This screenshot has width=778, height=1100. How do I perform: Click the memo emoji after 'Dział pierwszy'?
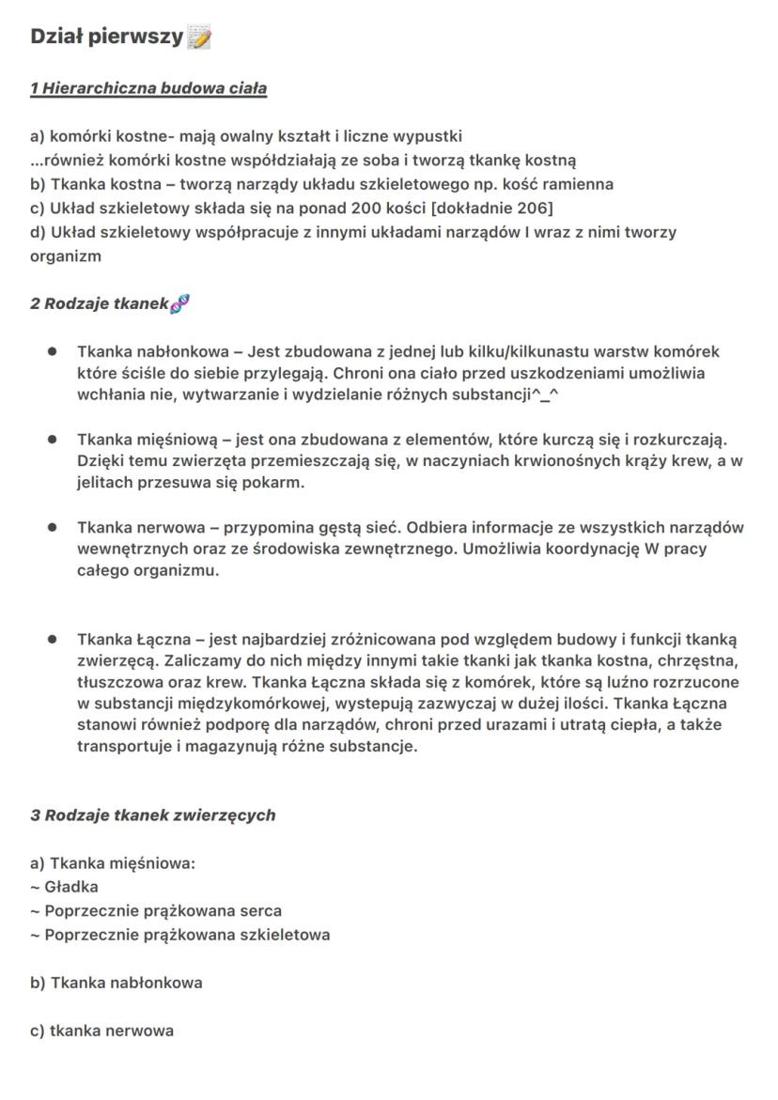(199, 38)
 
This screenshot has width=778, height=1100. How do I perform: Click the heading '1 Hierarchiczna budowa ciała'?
(148, 89)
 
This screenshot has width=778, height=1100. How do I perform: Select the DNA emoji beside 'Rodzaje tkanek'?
(180, 303)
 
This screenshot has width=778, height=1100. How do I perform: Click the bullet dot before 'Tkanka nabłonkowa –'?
(54, 352)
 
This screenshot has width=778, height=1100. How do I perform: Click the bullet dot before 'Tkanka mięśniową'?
(54, 439)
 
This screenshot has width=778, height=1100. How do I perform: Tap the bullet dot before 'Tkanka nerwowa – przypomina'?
(54, 527)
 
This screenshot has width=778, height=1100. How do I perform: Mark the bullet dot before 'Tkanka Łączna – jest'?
(54, 639)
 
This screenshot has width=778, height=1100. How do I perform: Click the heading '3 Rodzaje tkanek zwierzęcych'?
(153, 815)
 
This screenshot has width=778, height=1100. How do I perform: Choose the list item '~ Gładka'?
(64, 887)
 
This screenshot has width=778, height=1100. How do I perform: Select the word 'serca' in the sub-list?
(260, 911)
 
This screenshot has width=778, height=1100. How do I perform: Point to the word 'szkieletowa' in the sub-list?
(285, 936)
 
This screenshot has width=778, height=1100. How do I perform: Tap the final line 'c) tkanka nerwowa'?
(101, 1031)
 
